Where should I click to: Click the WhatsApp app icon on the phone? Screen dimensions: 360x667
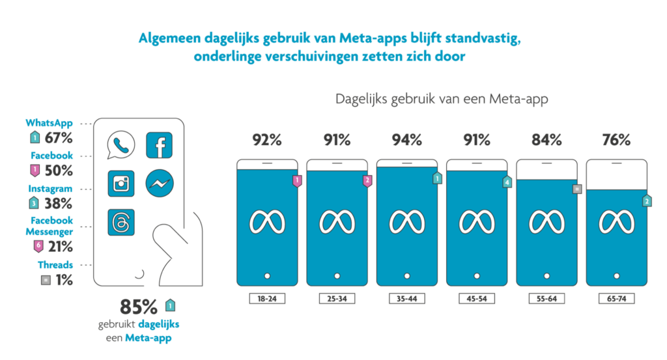coord(121,145)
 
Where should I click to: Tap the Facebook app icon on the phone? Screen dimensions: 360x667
coord(159,145)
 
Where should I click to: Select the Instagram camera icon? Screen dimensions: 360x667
coord(121,184)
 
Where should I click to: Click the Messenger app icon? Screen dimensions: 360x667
coord(159,184)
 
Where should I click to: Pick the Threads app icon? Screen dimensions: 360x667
coord(121,222)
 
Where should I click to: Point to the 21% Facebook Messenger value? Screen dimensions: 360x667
coord(58,247)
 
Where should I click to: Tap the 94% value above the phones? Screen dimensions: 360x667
coord(406,140)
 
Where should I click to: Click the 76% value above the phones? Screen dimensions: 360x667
coord(616,140)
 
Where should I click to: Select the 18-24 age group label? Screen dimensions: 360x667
coord(267,299)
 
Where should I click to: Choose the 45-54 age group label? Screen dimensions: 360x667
coord(476,299)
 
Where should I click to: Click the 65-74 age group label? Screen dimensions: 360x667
coord(616,299)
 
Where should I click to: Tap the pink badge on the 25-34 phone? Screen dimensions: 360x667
coord(367,181)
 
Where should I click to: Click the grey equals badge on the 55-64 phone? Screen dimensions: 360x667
coord(576,189)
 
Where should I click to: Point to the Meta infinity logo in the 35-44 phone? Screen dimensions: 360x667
coord(406,222)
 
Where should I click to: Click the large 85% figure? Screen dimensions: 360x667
coord(139,307)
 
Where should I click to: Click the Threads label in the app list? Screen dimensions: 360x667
coord(56,265)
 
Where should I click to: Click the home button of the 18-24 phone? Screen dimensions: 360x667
coord(267,275)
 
